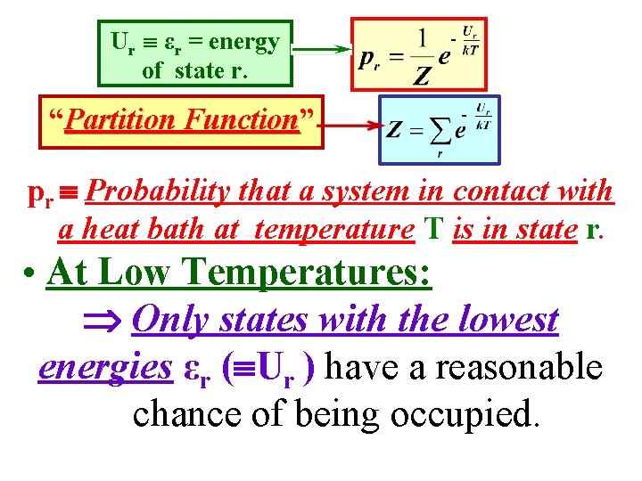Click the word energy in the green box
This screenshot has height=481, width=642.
[245, 42]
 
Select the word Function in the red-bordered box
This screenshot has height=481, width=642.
[241, 119]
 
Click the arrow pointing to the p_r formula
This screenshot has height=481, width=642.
[321, 51]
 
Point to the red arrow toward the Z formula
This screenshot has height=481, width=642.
[348, 126]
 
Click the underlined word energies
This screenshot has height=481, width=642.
[105, 366]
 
